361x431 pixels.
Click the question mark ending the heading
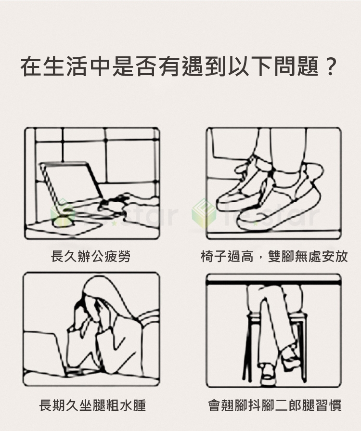329,66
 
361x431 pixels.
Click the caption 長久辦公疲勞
90,256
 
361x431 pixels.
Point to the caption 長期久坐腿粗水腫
92,405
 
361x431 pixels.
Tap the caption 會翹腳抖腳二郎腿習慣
274,405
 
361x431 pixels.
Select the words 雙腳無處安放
308,256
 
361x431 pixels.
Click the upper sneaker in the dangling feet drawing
242,183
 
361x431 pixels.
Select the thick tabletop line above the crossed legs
273,283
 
